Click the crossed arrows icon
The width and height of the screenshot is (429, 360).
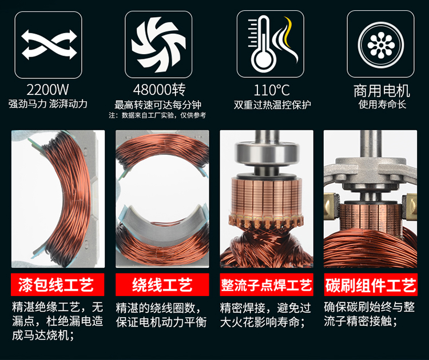tap(49, 45)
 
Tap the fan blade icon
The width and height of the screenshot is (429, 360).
tap(158, 45)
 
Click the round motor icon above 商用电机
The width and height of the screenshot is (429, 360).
tap(381, 44)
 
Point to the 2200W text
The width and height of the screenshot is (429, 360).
tap(47, 89)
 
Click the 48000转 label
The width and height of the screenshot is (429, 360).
tap(160, 89)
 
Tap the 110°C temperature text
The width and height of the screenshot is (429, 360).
tap(272, 90)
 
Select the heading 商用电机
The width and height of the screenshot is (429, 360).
tap(382, 91)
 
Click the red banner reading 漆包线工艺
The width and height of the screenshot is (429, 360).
tap(57, 285)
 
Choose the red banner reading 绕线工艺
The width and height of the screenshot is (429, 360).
tap(162, 285)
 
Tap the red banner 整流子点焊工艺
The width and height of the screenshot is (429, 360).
tap(267, 285)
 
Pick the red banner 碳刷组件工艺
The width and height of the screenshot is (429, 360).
tap(371, 285)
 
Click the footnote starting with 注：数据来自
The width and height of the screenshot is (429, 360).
tap(157, 115)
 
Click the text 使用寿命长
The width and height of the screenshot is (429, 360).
tap(382, 104)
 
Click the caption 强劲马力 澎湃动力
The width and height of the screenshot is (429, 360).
tap(48, 104)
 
